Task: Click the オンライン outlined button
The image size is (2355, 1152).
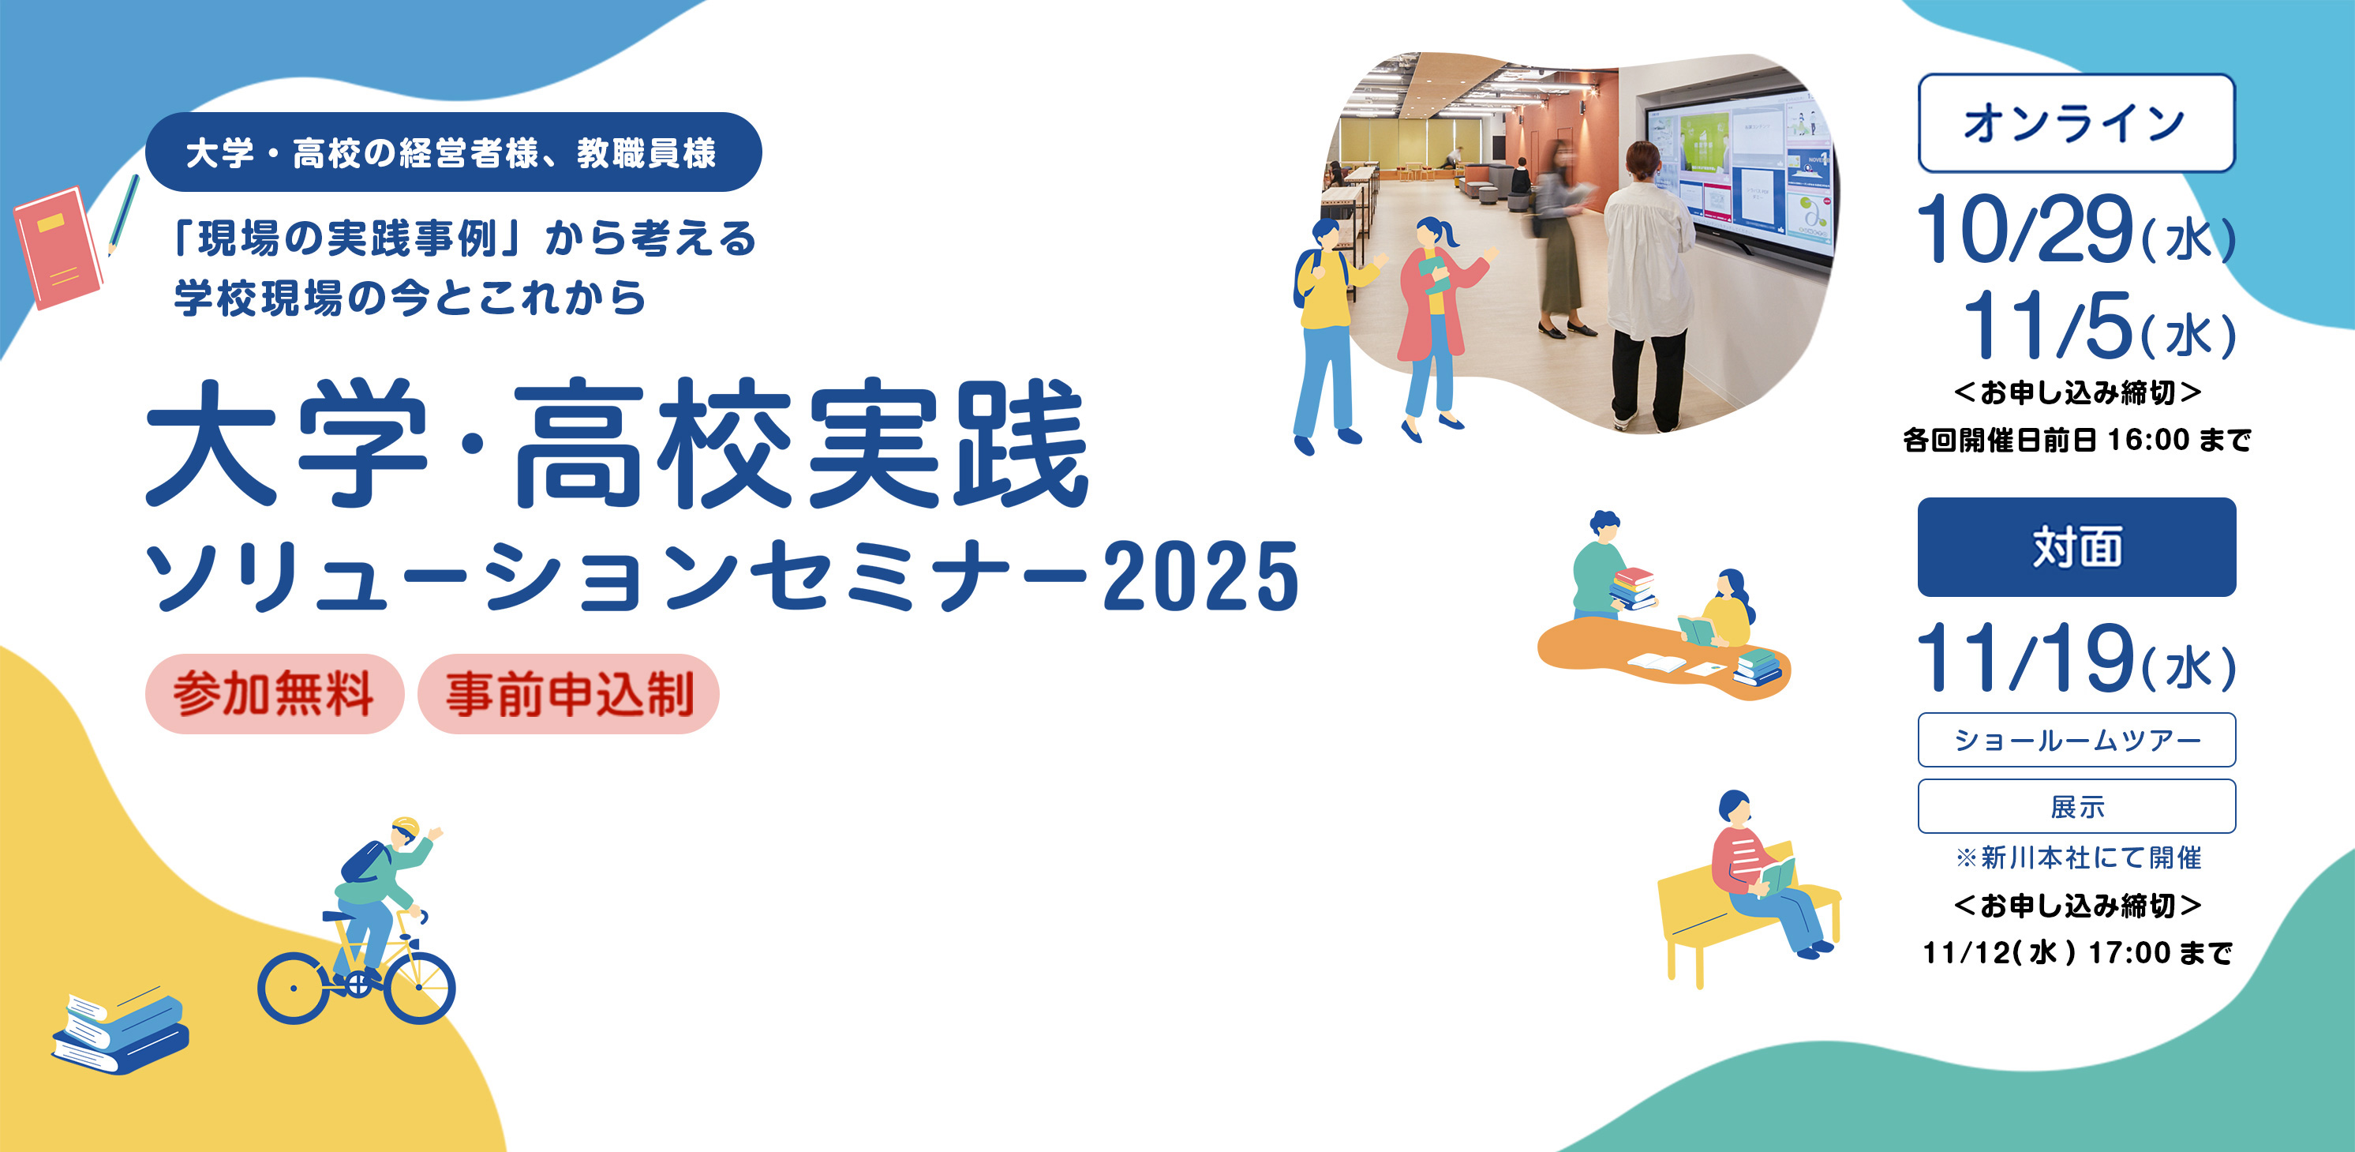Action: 2076,123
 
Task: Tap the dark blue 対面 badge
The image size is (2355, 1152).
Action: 2076,546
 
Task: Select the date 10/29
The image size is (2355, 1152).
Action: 2024,230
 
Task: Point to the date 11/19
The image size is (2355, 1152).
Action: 2024,659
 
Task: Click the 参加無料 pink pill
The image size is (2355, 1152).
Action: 275,694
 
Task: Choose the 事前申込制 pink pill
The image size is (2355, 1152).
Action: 569,694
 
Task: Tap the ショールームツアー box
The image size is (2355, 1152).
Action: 2076,740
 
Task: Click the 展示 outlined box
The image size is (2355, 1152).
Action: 2076,806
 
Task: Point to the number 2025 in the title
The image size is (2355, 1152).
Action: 1200,576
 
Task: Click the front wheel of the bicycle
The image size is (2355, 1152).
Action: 420,988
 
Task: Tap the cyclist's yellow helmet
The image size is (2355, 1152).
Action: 405,827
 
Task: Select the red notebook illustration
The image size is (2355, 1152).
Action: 58,247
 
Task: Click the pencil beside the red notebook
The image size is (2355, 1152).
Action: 123,216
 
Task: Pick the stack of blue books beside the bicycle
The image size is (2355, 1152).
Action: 120,1033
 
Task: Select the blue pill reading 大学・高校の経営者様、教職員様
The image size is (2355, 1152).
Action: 454,152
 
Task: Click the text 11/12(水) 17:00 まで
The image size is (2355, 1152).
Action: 2076,953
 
